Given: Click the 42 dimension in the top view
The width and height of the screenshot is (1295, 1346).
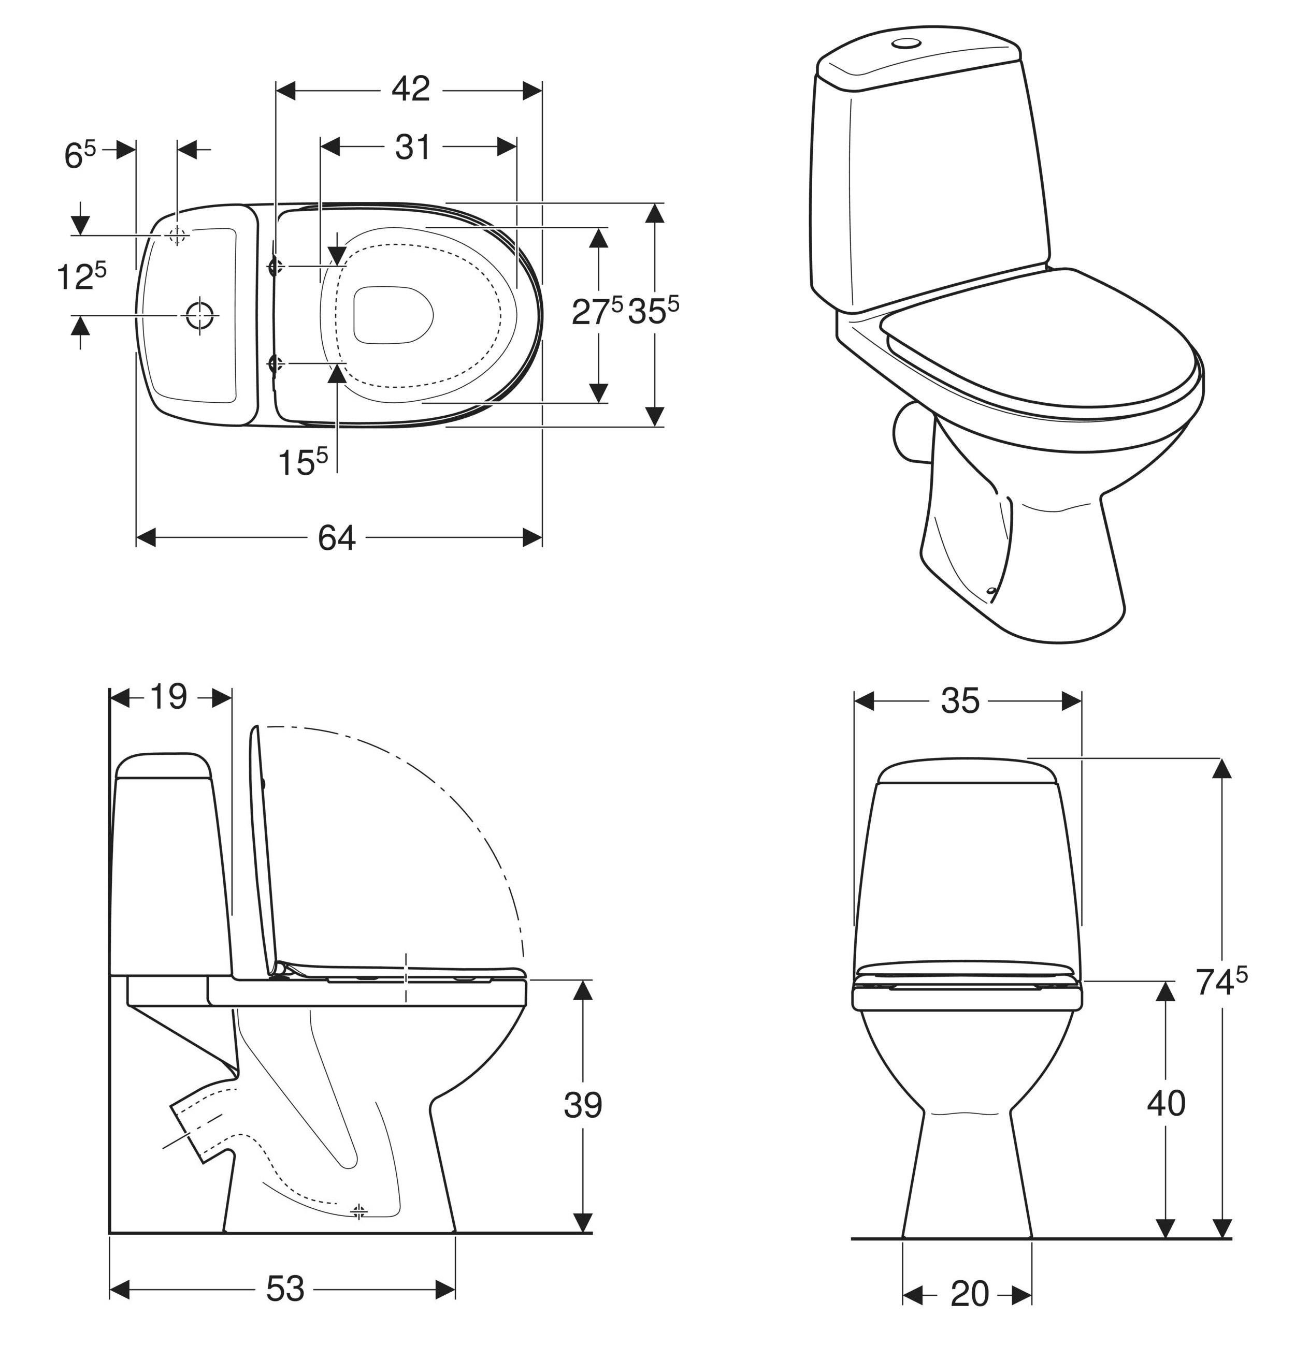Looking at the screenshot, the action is (x=410, y=89).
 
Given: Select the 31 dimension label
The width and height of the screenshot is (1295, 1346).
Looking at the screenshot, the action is (x=412, y=147).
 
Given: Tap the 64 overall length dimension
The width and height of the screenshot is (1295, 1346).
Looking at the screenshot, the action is (x=337, y=538).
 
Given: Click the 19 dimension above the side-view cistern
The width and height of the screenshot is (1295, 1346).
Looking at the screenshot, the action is (x=168, y=697).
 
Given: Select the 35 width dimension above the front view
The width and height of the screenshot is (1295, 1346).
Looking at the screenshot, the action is (x=960, y=700).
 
